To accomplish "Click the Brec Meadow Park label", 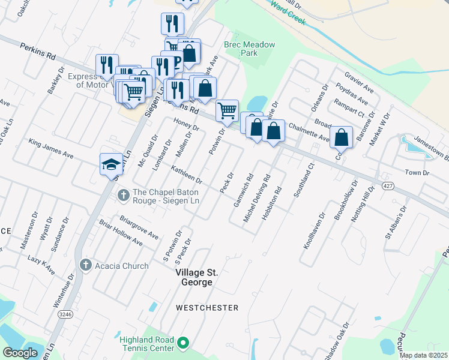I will (x=249, y=49).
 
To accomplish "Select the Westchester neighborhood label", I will (x=207, y=308).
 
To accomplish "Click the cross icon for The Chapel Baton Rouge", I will (x=124, y=195).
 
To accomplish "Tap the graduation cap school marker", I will (x=111, y=164).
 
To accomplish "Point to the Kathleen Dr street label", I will (x=187, y=174).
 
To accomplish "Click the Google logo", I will (x=20, y=352).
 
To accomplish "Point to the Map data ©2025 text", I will (x=423, y=355).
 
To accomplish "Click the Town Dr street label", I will (x=418, y=173).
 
